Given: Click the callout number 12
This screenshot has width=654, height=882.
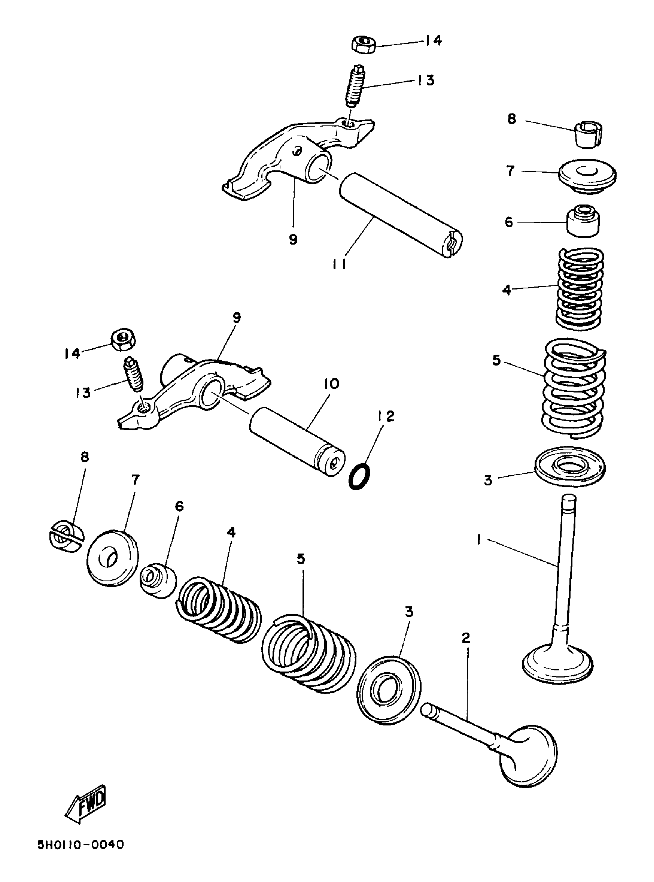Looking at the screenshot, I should click(x=385, y=417).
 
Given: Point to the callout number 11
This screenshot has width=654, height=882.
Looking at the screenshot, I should click(x=339, y=264).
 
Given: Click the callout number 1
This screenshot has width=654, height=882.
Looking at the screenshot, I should click(x=479, y=540).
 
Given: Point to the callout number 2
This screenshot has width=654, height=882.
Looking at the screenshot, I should click(x=466, y=638).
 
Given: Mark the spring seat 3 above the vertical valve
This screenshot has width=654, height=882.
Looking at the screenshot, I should click(x=570, y=466).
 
